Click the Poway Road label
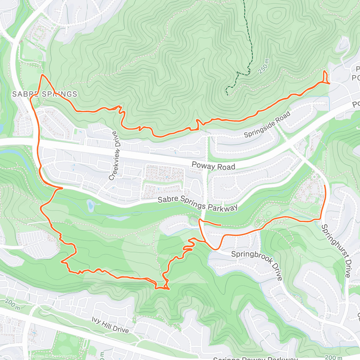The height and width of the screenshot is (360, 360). (213, 166)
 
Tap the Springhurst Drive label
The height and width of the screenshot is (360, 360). (336, 250)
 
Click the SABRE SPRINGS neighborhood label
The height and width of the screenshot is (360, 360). (45, 94)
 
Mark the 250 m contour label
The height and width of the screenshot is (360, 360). (264, 67)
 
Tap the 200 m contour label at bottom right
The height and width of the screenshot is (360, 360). (334, 357)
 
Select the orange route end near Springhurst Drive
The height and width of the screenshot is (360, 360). (325, 186)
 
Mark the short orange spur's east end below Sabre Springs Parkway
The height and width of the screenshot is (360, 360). (221, 225)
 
